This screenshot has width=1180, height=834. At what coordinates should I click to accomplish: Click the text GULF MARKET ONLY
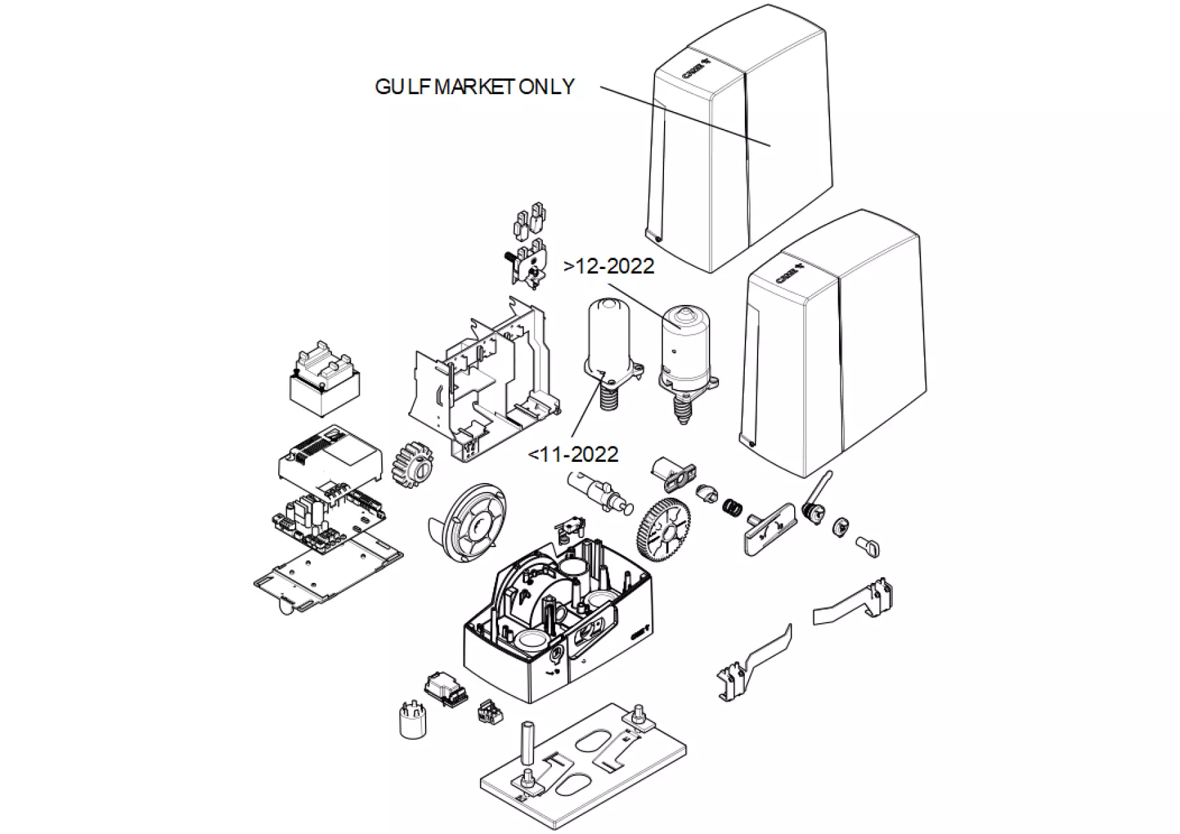click(474, 87)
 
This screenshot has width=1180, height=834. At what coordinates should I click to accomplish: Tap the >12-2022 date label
click(609, 266)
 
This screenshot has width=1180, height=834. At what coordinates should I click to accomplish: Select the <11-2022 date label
click(573, 455)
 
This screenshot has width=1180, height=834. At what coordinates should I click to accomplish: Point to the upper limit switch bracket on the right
click(856, 602)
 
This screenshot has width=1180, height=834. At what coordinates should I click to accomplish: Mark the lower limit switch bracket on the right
click(753, 663)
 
